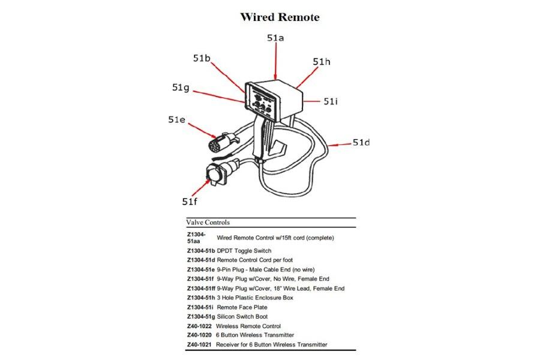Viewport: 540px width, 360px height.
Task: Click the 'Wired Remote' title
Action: (x=280, y=17)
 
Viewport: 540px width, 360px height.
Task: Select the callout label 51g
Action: (x=181, y=88)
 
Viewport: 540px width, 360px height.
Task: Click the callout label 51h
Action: (x=322, y=62)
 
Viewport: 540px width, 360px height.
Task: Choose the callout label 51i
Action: (x=331, y=102)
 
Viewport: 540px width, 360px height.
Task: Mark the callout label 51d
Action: (x=361, y=142)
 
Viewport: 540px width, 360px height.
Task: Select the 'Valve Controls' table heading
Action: (x=208, y=222)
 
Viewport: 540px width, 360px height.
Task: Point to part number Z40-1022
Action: (x=200, y=326)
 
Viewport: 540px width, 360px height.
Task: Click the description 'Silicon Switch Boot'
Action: (x=242, y=316)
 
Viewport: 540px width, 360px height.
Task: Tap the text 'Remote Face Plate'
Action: (x=242, y=307)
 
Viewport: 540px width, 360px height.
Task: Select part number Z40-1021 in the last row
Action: (x=200, y=344)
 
